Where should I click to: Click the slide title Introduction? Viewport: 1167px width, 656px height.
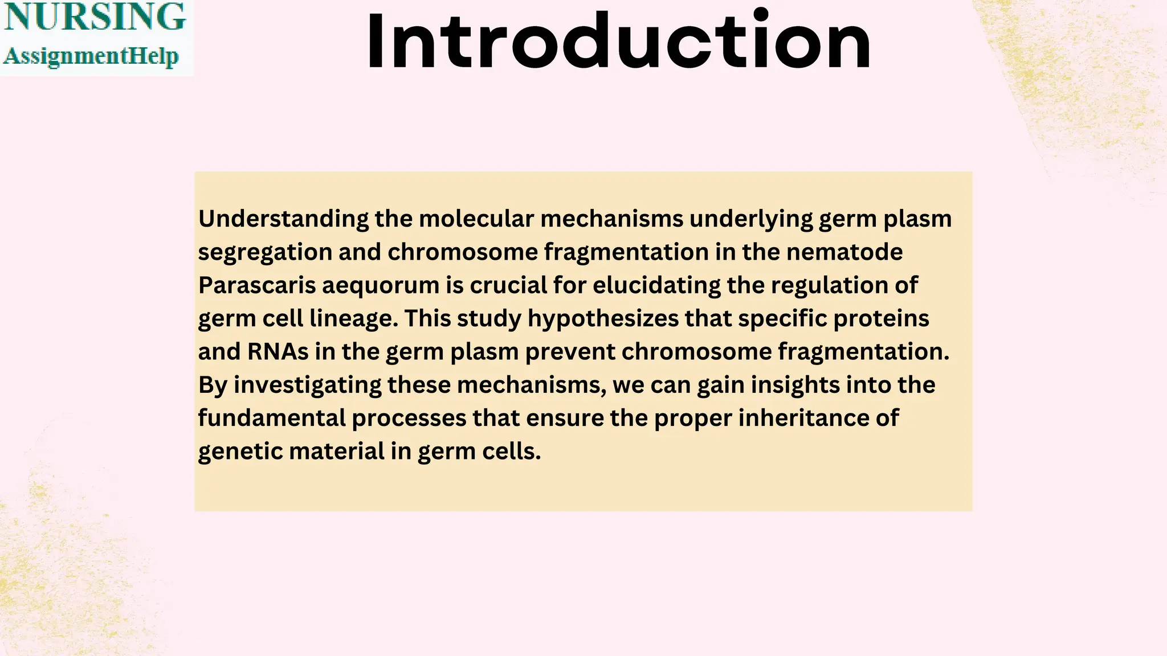point(618,41)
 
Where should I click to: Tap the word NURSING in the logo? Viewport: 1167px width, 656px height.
point(95,17)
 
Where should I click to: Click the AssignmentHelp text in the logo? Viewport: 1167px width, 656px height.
point(91,56)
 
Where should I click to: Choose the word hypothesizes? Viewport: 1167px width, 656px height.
point(603,319)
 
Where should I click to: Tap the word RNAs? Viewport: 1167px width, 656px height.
point(278,351)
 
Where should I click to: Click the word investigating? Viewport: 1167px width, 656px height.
point(308,386)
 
